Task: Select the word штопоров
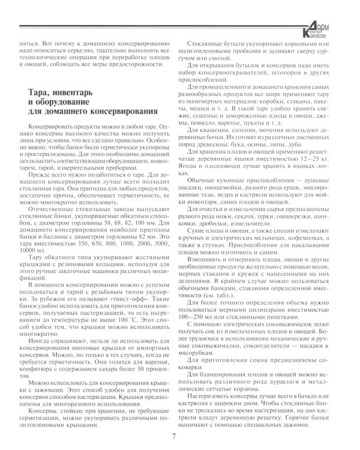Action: [285, 72]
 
